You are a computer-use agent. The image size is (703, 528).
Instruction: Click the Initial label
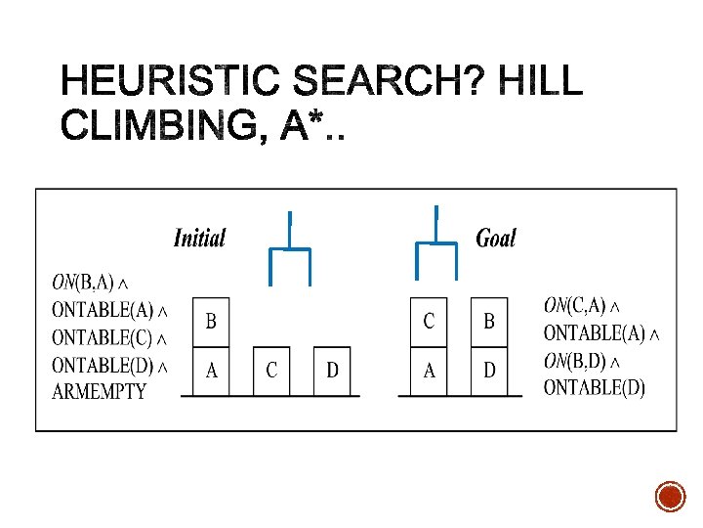click(x=199, y=238)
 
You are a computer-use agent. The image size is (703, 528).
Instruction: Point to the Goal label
click(x=495, y=238)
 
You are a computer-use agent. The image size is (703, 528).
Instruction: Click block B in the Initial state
click(x=211, y=322)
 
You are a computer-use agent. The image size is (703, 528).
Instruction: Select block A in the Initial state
click(x=211, y=371)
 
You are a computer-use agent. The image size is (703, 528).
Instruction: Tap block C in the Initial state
click(x=271, y=371)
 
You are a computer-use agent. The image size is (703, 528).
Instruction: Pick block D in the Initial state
click(x=333, y=371)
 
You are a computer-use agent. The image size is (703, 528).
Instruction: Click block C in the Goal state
click(x=429, y=322)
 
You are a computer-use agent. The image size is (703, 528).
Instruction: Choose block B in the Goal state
click(x=489, y=322)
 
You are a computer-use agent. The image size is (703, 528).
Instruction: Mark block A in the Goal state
click(x=429, y=371)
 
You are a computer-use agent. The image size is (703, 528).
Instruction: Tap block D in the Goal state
click(x=489, y=371)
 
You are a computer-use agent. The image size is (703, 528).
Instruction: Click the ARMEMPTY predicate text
click(x=99, y=392)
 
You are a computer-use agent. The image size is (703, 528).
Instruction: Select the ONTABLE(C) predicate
click(x=108, y=338)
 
